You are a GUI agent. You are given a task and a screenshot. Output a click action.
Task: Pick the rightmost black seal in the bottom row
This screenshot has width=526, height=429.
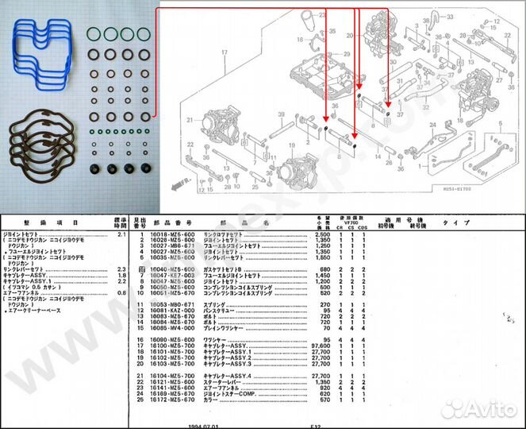click(x=146, y=169)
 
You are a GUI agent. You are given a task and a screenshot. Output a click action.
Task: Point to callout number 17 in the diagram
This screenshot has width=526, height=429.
click(x=225, y=52)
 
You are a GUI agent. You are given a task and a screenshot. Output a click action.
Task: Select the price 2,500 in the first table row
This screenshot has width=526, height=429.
click(x=321, y=236)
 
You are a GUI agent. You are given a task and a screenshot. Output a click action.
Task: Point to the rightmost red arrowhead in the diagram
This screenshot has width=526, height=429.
click(x=388, y=91)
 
